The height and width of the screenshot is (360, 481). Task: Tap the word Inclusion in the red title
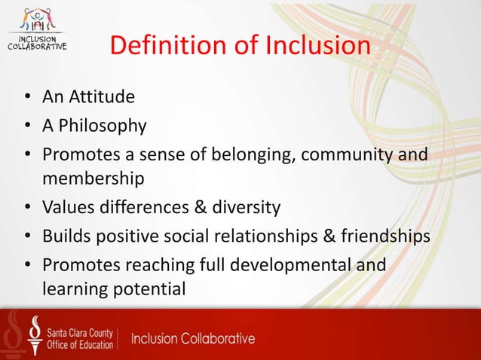click(x=317, y=46)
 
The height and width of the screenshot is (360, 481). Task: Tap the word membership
click(x=93, y=180)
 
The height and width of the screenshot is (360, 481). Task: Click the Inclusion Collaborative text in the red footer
click(x=193, y=338)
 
